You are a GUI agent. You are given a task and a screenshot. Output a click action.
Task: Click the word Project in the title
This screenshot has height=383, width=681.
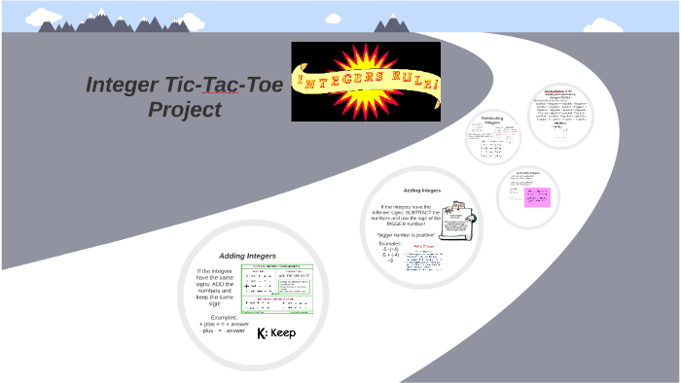point(184,110)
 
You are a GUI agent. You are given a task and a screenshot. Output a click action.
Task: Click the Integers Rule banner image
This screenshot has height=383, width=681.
point(366,82)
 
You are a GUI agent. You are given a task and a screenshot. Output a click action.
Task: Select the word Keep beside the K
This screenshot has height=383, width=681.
point(282,333)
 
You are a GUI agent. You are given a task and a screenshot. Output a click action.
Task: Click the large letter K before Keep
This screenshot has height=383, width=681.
point(262,333)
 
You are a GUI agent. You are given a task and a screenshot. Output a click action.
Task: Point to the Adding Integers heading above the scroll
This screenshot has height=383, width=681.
point(421,191)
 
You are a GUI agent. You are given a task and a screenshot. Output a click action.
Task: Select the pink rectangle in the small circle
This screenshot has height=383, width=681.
point(538,196)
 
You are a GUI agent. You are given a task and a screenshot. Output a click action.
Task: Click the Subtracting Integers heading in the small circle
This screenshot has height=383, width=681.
point(492,121)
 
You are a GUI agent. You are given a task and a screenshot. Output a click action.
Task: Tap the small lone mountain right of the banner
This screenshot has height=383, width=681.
point(393,22)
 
